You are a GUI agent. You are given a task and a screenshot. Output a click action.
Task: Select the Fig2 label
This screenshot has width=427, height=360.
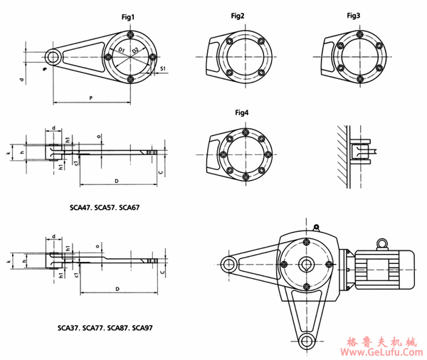pyautogui.click(x=237, y=15)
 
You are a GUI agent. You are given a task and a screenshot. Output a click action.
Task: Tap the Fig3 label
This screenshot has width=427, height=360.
pyautogui.click(x=354, y=15)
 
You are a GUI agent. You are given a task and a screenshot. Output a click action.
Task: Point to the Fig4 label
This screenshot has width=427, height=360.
pyautogui.click(x=242, y=112)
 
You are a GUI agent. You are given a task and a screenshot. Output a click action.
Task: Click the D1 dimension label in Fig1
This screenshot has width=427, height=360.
pyautogui.click(x=122, y=49)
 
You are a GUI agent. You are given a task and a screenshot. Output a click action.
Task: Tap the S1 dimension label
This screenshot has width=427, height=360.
pyautogui.click(x=162, y=68)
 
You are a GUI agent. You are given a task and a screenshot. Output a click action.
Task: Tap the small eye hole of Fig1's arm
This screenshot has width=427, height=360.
pyautogui.click(x=52, y=56)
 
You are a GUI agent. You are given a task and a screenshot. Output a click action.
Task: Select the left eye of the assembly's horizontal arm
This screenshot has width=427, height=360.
pyautogui.click(x=229, y=265)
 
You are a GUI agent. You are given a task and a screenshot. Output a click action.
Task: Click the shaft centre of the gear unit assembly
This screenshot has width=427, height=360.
pyautogui.click(x=306, y=265)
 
